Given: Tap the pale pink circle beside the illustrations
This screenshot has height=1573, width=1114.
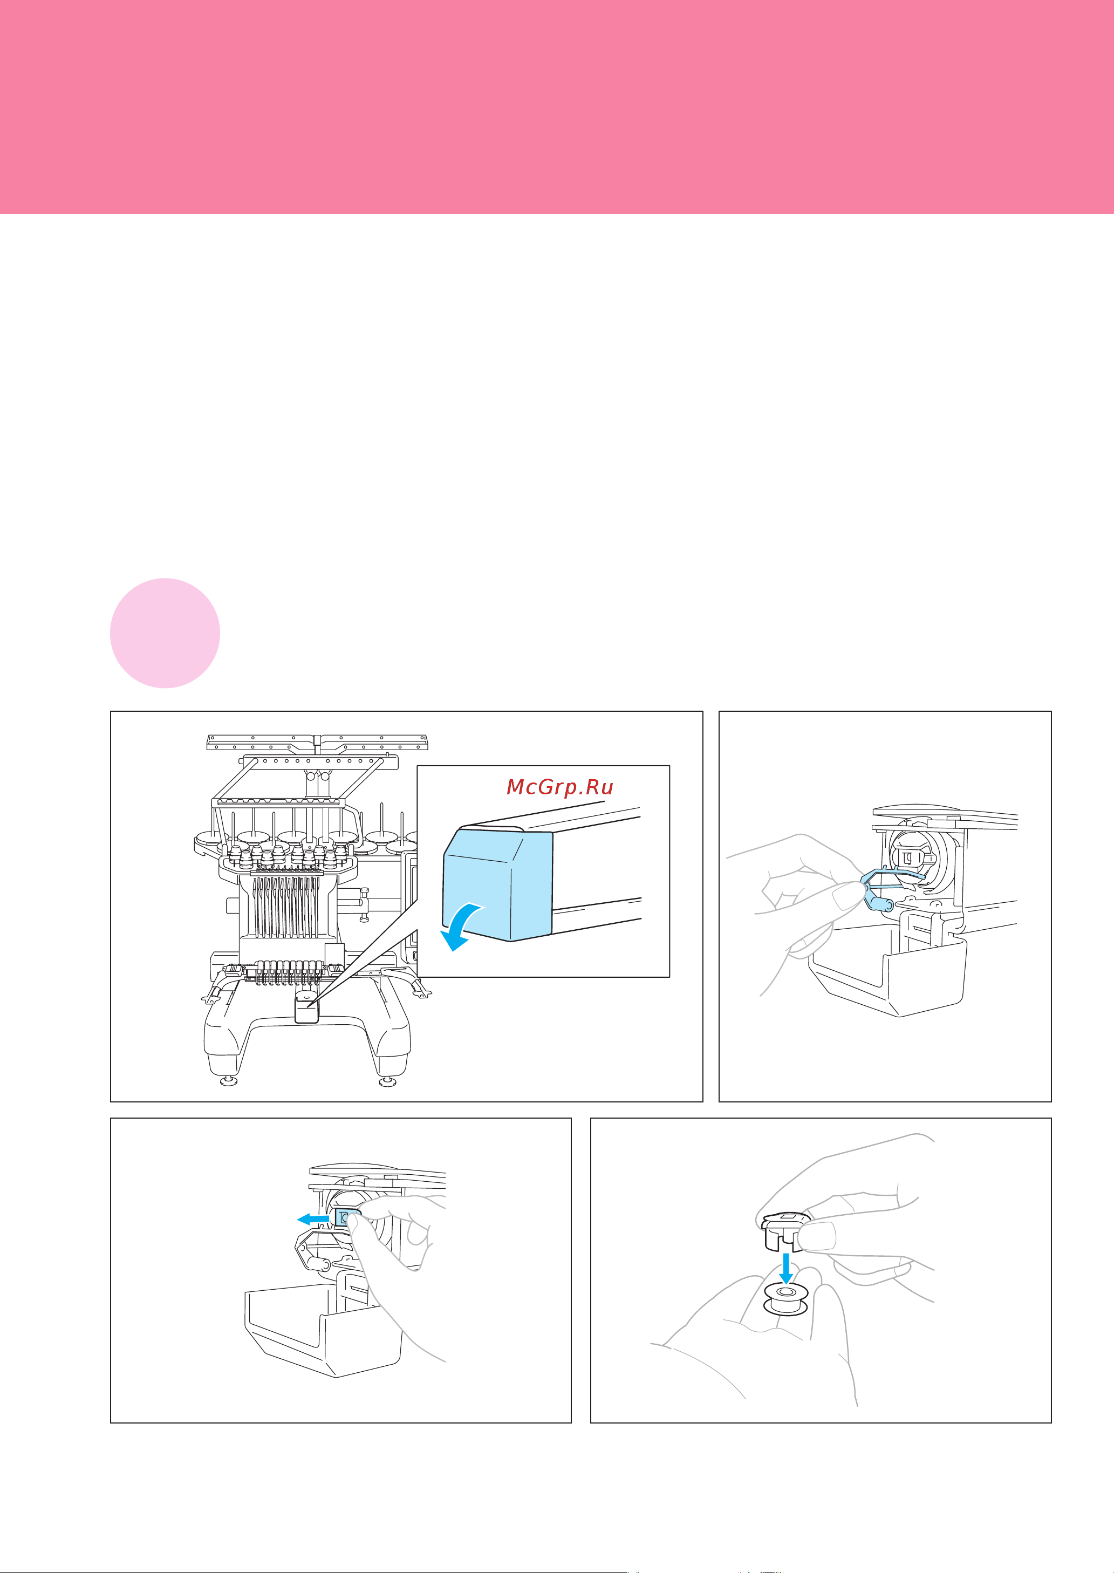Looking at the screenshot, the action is (x=165, y=633).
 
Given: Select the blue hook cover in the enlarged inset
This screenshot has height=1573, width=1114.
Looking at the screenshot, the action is (x=498, y=884).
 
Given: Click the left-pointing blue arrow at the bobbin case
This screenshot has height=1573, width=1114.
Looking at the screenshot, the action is (x=313, y=1219).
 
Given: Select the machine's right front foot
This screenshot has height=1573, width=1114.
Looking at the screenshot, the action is (x=387, y=1082).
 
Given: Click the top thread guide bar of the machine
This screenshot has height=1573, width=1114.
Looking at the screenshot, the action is (x=318, y=743).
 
